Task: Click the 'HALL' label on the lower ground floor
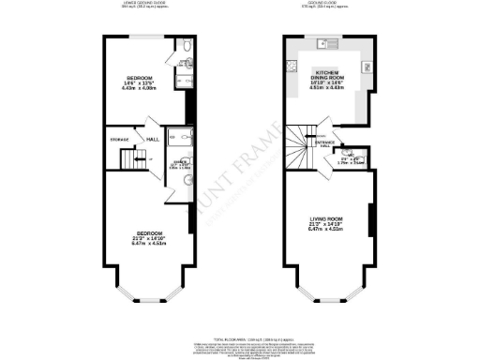click(x=151, y=141)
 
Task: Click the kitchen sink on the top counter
click(x=323, y=42)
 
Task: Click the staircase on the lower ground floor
click(x=129, y=160)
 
